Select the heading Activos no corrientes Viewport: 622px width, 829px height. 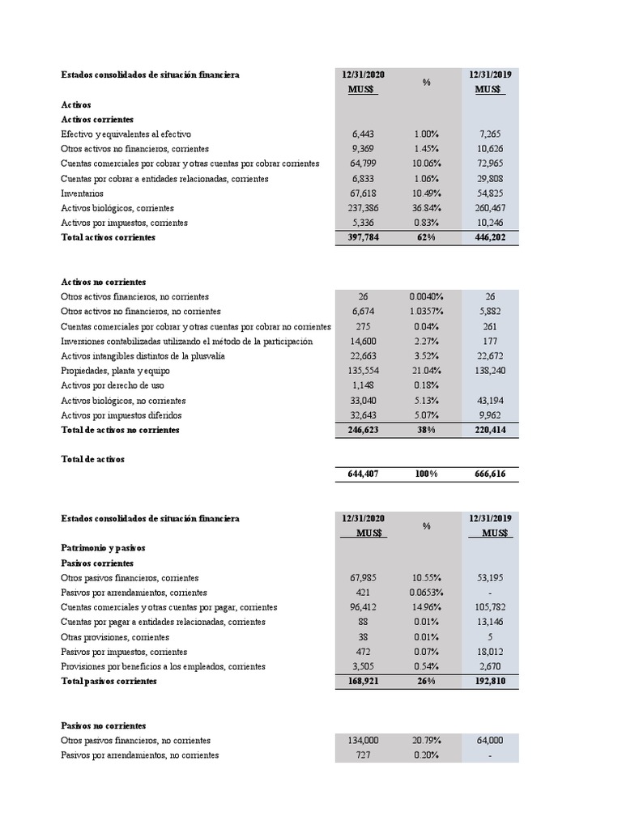click(104, 282)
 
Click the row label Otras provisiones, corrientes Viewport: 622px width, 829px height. click(112, 637)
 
